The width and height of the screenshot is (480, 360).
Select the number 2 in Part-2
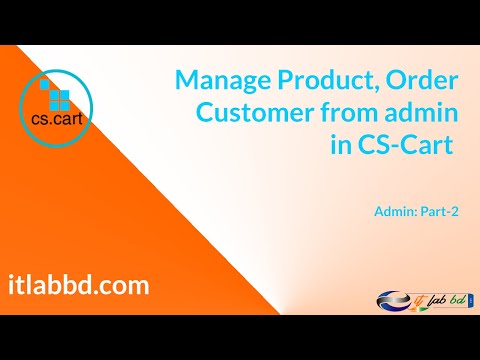(454, 211)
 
